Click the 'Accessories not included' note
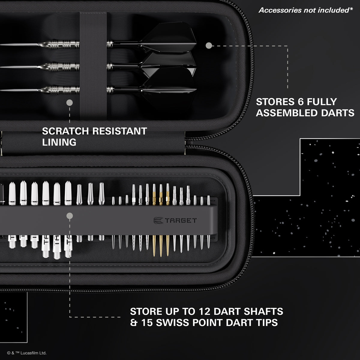pyautogui.click(x=305, y=10)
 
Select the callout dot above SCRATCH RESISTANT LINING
pyautogui.click(x=70, y=103)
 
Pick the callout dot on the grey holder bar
pyautogui.click(x=70, y=215)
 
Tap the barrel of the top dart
pyautogui.click(x=61, y=45)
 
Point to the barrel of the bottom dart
pyautogui.click(x=61, y=90)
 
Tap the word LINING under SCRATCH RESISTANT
pyautogui.click(x=59, y=142)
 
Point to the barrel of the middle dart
pyautogui.click(x=61, y=66)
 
